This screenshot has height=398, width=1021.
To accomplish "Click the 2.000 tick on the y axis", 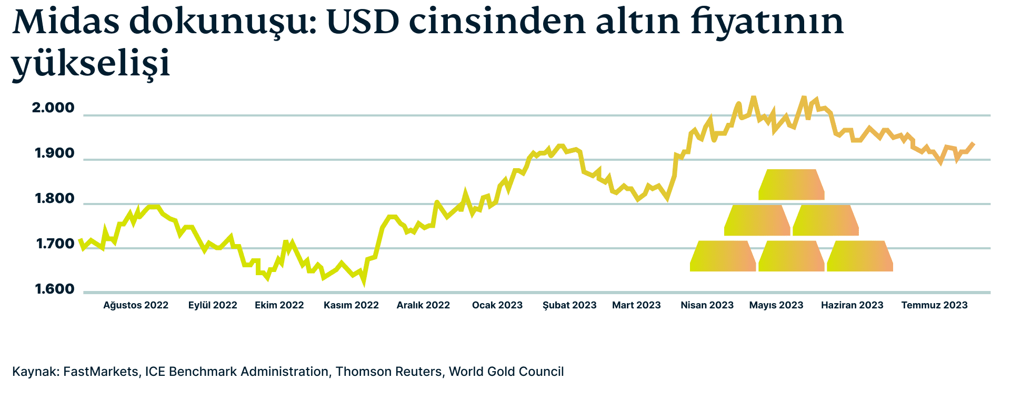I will coord(53,109).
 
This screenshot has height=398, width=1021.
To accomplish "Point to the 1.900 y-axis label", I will coord(55,154).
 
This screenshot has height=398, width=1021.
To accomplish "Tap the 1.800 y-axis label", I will coord(55,199).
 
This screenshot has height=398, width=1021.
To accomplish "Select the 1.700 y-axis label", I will coord(55,245).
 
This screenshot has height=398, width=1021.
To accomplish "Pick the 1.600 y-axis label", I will coord(55,290).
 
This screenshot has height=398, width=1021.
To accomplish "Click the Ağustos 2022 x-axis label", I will coord(136,305).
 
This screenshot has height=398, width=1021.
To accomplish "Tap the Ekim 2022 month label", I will coord(279,305).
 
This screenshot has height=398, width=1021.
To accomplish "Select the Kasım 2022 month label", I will coord(351,305).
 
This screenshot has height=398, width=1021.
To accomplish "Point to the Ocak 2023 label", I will coord(497,305).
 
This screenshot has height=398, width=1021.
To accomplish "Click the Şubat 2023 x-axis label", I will coord(569,305).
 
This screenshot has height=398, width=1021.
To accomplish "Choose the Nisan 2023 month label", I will coord(707,305).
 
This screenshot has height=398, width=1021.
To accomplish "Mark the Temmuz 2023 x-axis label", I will coord(934,305).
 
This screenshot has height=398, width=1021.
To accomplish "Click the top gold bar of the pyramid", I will coord(791,185).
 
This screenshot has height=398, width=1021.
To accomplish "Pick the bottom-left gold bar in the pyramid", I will coord(723,256).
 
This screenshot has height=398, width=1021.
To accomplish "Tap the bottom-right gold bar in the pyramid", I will coord(860,256).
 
